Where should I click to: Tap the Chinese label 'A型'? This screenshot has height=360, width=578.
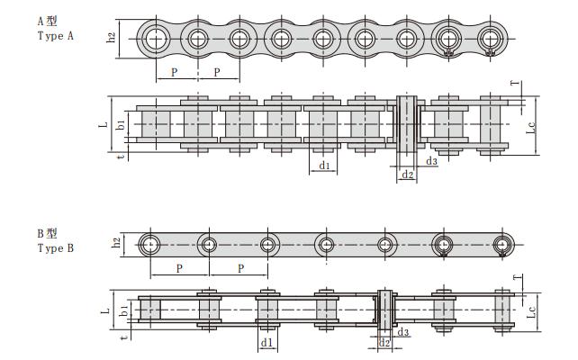(x=46, y=20)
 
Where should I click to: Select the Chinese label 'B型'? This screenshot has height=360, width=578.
(x=46, y=232)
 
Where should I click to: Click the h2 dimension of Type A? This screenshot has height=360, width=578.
(x=112, y=38)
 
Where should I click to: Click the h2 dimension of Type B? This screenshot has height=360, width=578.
(x=116, y=243)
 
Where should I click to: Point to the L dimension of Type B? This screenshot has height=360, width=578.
(x=105, y=309)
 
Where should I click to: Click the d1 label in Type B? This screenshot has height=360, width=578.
(x=266, y=343)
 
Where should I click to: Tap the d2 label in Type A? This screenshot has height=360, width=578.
(x=407, y=174)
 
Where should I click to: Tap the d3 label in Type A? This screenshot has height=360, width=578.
(x=432, y=161)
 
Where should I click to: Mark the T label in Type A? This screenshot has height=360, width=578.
(x=514, y=84)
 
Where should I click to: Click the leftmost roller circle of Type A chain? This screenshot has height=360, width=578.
(x=155, y=39)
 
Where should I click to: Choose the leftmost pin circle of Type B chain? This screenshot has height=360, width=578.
(x=149, y=244)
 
